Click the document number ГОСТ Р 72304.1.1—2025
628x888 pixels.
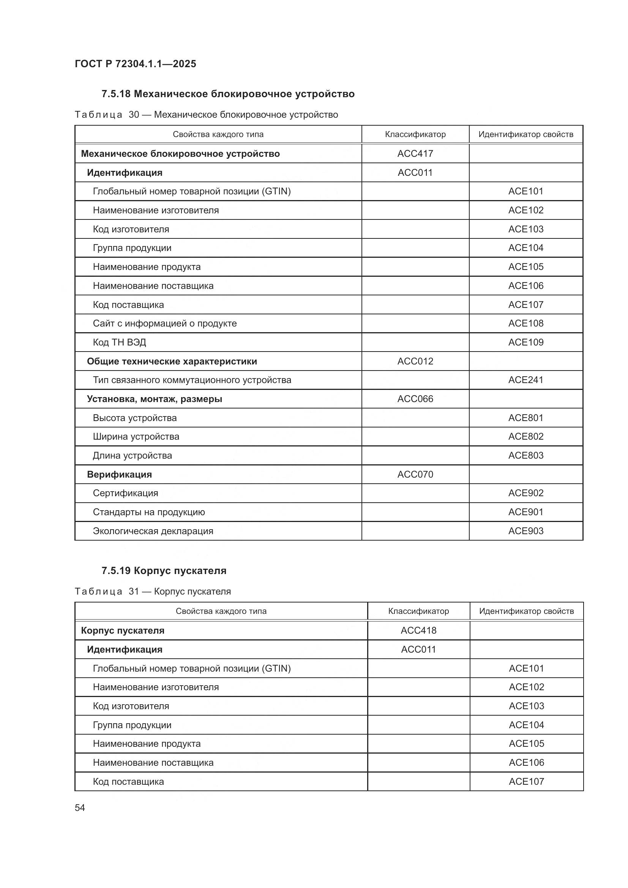[x=135, y=64]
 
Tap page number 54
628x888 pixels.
[x=80, y=808]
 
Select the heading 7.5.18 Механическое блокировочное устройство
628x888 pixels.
[x=228, y=94]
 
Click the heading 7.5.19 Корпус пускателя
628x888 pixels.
[x=164, y=571]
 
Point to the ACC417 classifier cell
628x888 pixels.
[x=415, y=153]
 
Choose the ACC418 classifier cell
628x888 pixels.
[x=418, y=631]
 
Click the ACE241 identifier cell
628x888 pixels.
[x=525, y=380]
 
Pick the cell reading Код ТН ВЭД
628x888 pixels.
[x=120, y=342]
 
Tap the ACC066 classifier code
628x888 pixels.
[x=415, y=399]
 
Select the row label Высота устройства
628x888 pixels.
[x=134, y=418]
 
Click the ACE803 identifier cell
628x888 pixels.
[x=525, y=455]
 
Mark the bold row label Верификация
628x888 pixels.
[x=119, y=474]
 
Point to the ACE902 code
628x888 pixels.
[x=525, y=493]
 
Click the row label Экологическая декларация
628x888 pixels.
[x=153, y=531]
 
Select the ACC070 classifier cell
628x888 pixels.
[x=415, y=474]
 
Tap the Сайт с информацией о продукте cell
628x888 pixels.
[x=165, y=323]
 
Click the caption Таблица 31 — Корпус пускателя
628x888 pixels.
[x=153, y=591]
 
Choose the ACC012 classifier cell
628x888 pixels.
[x=415, y=361]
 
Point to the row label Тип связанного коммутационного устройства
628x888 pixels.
[x=192, y=380]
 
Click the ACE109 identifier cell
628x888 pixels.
[x=525, y=342]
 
